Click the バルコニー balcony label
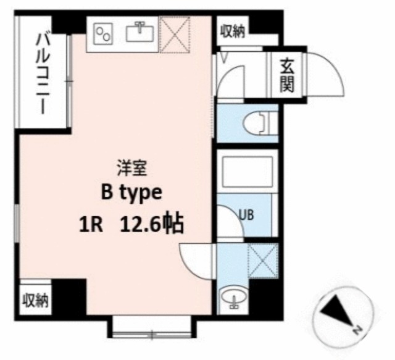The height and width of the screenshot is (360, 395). tap(43, 73)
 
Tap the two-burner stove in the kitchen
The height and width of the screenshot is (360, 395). tap(104, 34)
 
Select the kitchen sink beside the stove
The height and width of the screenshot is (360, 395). tap(140, 32)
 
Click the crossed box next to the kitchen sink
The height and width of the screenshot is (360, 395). tap(175, 35)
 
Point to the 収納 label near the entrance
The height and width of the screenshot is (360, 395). tap(233, 31)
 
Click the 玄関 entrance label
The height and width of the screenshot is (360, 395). tap(287, 75)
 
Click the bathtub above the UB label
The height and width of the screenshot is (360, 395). tap(247, 172)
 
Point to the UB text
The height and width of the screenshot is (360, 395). tap(246, 215)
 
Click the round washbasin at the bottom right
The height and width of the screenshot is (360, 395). tap(234, 298)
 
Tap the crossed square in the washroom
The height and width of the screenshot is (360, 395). tap(264, 261)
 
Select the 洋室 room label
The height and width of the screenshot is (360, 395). tap(131, 169)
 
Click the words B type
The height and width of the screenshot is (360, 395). tap(131, 193)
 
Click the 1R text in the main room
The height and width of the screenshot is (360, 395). tap(91, 225)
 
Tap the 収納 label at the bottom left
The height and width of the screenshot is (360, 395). tap(36, 300)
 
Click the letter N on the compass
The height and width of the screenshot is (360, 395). tap(357, 329)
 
